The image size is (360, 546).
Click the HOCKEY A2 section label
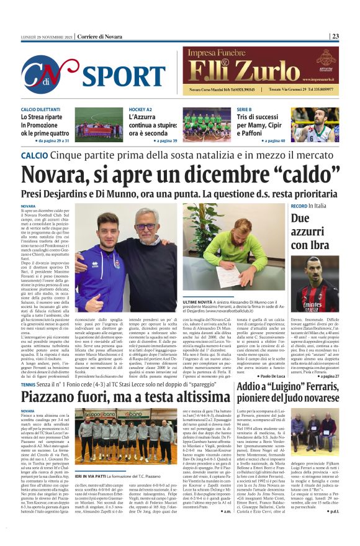(x=140, y=109)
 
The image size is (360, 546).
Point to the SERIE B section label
(x=245, y=109)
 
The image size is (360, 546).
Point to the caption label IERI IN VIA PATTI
(x=94, y=458)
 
